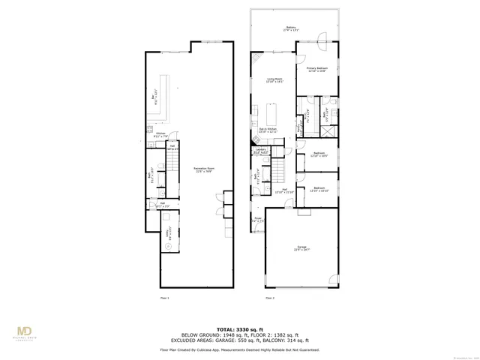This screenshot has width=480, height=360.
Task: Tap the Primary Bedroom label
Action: point(317,69)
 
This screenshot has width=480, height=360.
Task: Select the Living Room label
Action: point(275,80)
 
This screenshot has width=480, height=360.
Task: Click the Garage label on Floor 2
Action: point(302,248)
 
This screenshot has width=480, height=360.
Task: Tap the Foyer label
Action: point(257,220)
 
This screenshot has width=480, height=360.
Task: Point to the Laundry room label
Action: point(261,151)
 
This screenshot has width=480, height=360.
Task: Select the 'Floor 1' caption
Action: point(165,298)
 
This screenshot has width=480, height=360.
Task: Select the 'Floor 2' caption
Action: point(269,298)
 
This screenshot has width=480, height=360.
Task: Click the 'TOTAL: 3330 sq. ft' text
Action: point(240,329)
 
